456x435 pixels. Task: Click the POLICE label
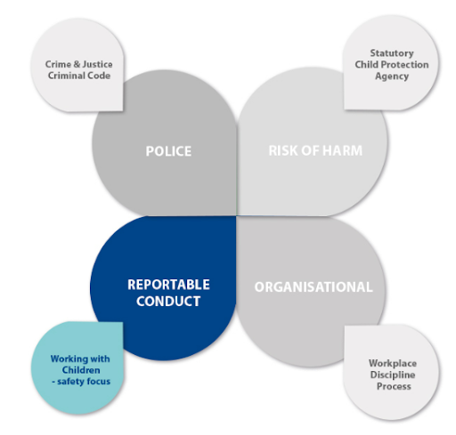(168, 151)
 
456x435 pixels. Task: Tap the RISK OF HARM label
(315, 150)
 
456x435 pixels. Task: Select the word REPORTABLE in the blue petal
(168, 285)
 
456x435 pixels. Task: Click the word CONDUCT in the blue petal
(168, 302)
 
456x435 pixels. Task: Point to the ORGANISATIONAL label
(313, 287)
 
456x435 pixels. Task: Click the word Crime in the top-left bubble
(58, 64)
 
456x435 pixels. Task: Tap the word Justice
(97, 64)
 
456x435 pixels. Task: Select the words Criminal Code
(79, 76)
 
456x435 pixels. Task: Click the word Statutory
(392, 53)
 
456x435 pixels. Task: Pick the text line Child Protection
(392, 65)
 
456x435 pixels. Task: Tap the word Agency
(392, 77)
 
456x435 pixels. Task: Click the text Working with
(80, 358)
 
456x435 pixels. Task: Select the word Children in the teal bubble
(81, 370)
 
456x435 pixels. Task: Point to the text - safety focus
(81, 382)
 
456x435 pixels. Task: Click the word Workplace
(393, 364)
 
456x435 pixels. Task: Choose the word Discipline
(393, 375)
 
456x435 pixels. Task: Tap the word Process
(394, 386)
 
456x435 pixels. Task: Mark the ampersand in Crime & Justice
(77, 64)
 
